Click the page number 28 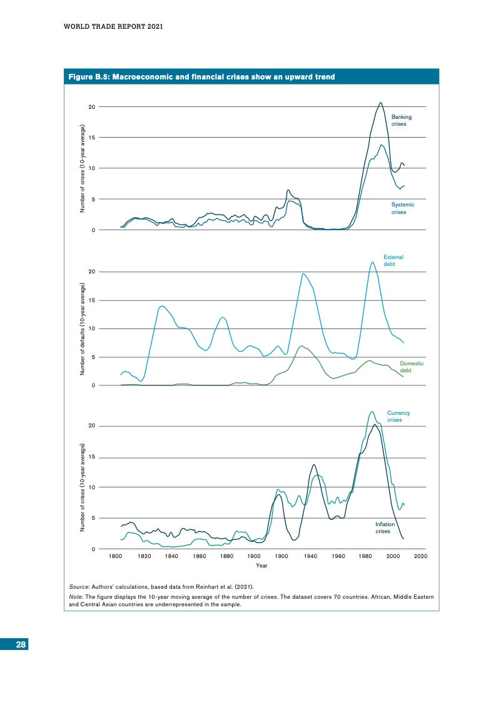21,646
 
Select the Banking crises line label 401,120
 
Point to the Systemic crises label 402,208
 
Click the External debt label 393,260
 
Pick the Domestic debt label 412,367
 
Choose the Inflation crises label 384,527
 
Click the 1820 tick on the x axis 143,556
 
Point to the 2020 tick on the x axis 420,556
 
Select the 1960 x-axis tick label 338,556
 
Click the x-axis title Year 261,566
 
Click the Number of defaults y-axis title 83,328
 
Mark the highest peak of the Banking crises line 380,103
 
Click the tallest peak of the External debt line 373,262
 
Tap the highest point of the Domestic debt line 302,346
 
